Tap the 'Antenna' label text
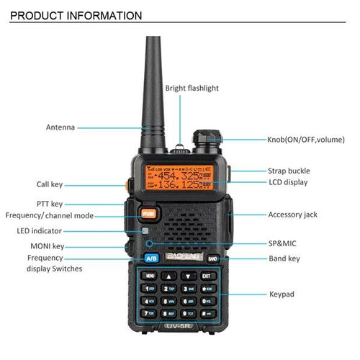[x=60, y=127]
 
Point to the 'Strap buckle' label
[x=289, y=171]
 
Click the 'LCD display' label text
[x=287, y=183]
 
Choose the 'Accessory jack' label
[x=292, y=215]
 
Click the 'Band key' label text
[x=284, y=258]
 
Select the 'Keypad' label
[x=282, y=294]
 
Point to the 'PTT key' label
[x=50, y=204]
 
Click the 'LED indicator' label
[x=39, y=231]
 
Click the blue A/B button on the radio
[x=151, y=258]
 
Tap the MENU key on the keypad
[x=150, y=275]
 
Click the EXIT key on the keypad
[x=206, y=275]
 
